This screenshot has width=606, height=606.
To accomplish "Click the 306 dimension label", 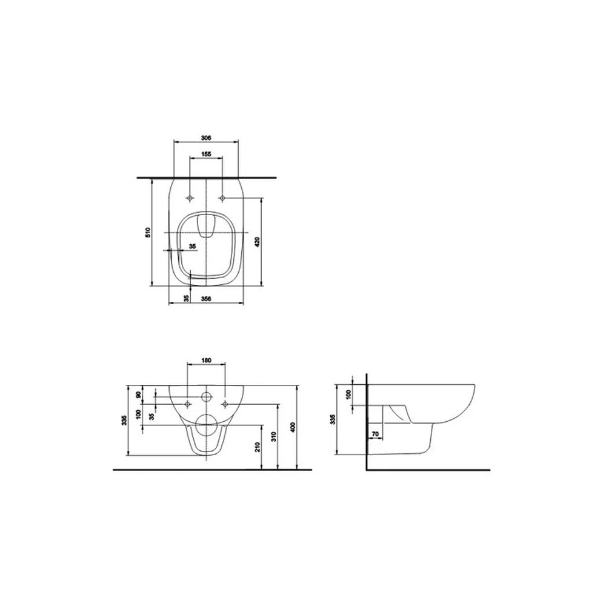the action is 206,138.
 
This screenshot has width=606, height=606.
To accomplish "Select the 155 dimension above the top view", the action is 206,154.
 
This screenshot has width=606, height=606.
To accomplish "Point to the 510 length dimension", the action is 148,232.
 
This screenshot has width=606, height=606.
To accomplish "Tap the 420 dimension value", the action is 258,242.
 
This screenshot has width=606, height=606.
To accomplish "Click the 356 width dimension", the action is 207,298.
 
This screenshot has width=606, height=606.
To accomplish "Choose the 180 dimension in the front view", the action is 207,361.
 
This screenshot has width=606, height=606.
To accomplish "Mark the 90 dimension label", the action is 139,395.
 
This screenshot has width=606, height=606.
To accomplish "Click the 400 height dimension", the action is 293,427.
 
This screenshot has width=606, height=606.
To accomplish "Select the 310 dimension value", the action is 274,437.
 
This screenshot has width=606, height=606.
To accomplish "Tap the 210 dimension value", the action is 258,447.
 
